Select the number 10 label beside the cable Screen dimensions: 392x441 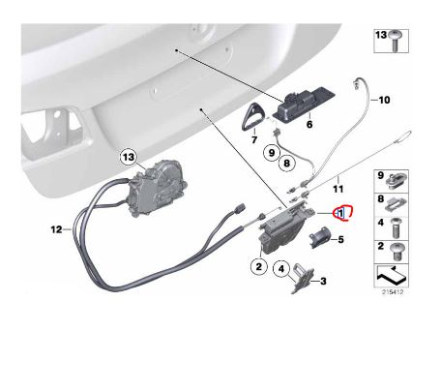382,100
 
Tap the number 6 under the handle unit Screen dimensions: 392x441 309,125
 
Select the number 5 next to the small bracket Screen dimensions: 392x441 338,239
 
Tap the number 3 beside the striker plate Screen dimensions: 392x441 323,282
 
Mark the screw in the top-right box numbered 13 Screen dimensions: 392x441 397,41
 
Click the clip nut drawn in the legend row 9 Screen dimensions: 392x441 399,178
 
